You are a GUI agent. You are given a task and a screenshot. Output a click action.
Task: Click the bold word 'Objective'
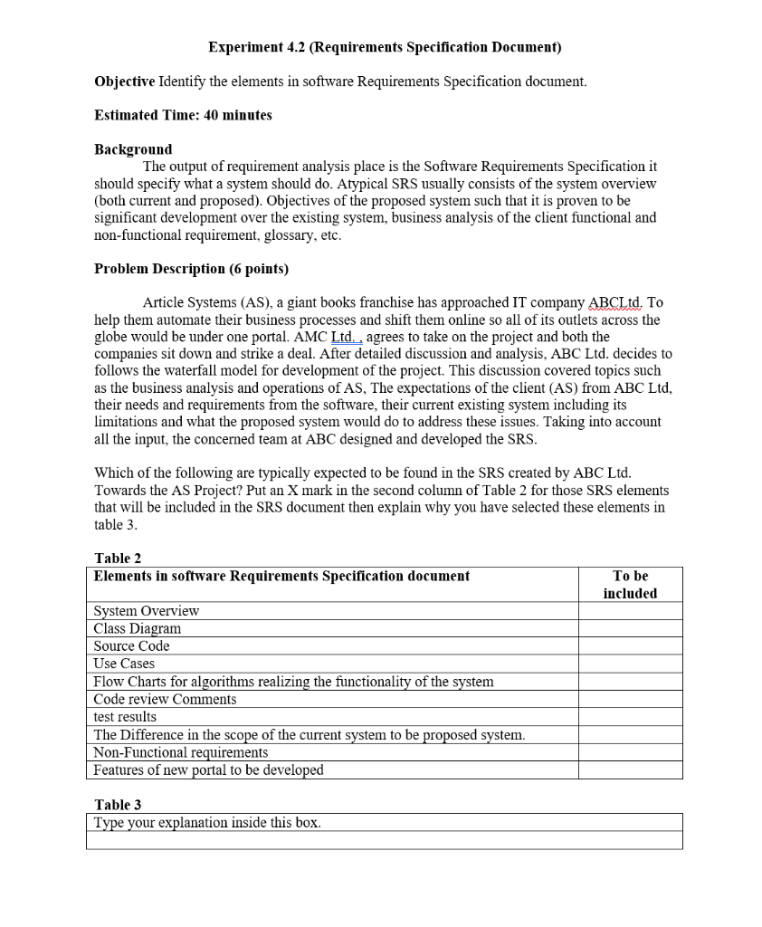pyautogui.click(x=125, y=81)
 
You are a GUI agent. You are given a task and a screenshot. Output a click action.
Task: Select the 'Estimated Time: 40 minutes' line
pyautogui.click(x=183, y=115)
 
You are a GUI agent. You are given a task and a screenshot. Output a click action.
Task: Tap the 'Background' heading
pyautogui.click(x=133, y=149)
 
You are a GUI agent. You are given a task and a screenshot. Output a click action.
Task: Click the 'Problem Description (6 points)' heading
pyautogui.click(x=191, y=269)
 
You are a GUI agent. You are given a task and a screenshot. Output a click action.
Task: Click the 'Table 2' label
pyautogui.click(x=118, y=559)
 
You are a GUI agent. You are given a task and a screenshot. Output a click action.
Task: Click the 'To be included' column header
pyautogui.click(x=630, y=585)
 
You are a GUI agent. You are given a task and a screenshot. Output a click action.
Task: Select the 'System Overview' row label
pyautogui.click(x=147, y=611)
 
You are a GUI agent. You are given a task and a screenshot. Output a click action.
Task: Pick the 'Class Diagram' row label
pyautogui.click(x=138, y=628)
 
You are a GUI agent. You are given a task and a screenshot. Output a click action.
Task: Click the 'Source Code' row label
pyautogui.click(x=132, y=646)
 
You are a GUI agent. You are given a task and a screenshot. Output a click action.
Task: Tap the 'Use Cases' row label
pyautogui.click(x=125, y=664)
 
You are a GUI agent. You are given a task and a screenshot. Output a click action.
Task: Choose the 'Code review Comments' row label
pyautogui.click(x=165, y=699)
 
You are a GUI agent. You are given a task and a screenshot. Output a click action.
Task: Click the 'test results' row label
pyautogui.click(x=126, y=717)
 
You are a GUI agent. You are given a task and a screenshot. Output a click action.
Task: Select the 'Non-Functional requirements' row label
pyautogui.click(x=181, y=752)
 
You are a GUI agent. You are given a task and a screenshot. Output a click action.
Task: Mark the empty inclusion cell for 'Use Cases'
pyautogui.click(x=630, y=664)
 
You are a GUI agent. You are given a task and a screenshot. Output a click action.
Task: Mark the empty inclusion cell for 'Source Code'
pyautogui.click(x=630, y=646)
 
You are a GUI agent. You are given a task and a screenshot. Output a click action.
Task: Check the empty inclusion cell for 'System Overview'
pyautogui.click(x=630, y=611)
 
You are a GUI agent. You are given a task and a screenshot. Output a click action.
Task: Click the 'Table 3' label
pyautogui.click(x=118, y=805)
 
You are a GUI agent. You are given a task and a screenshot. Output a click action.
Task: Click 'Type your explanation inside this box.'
pyautogui.click(x=208, y=823)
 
